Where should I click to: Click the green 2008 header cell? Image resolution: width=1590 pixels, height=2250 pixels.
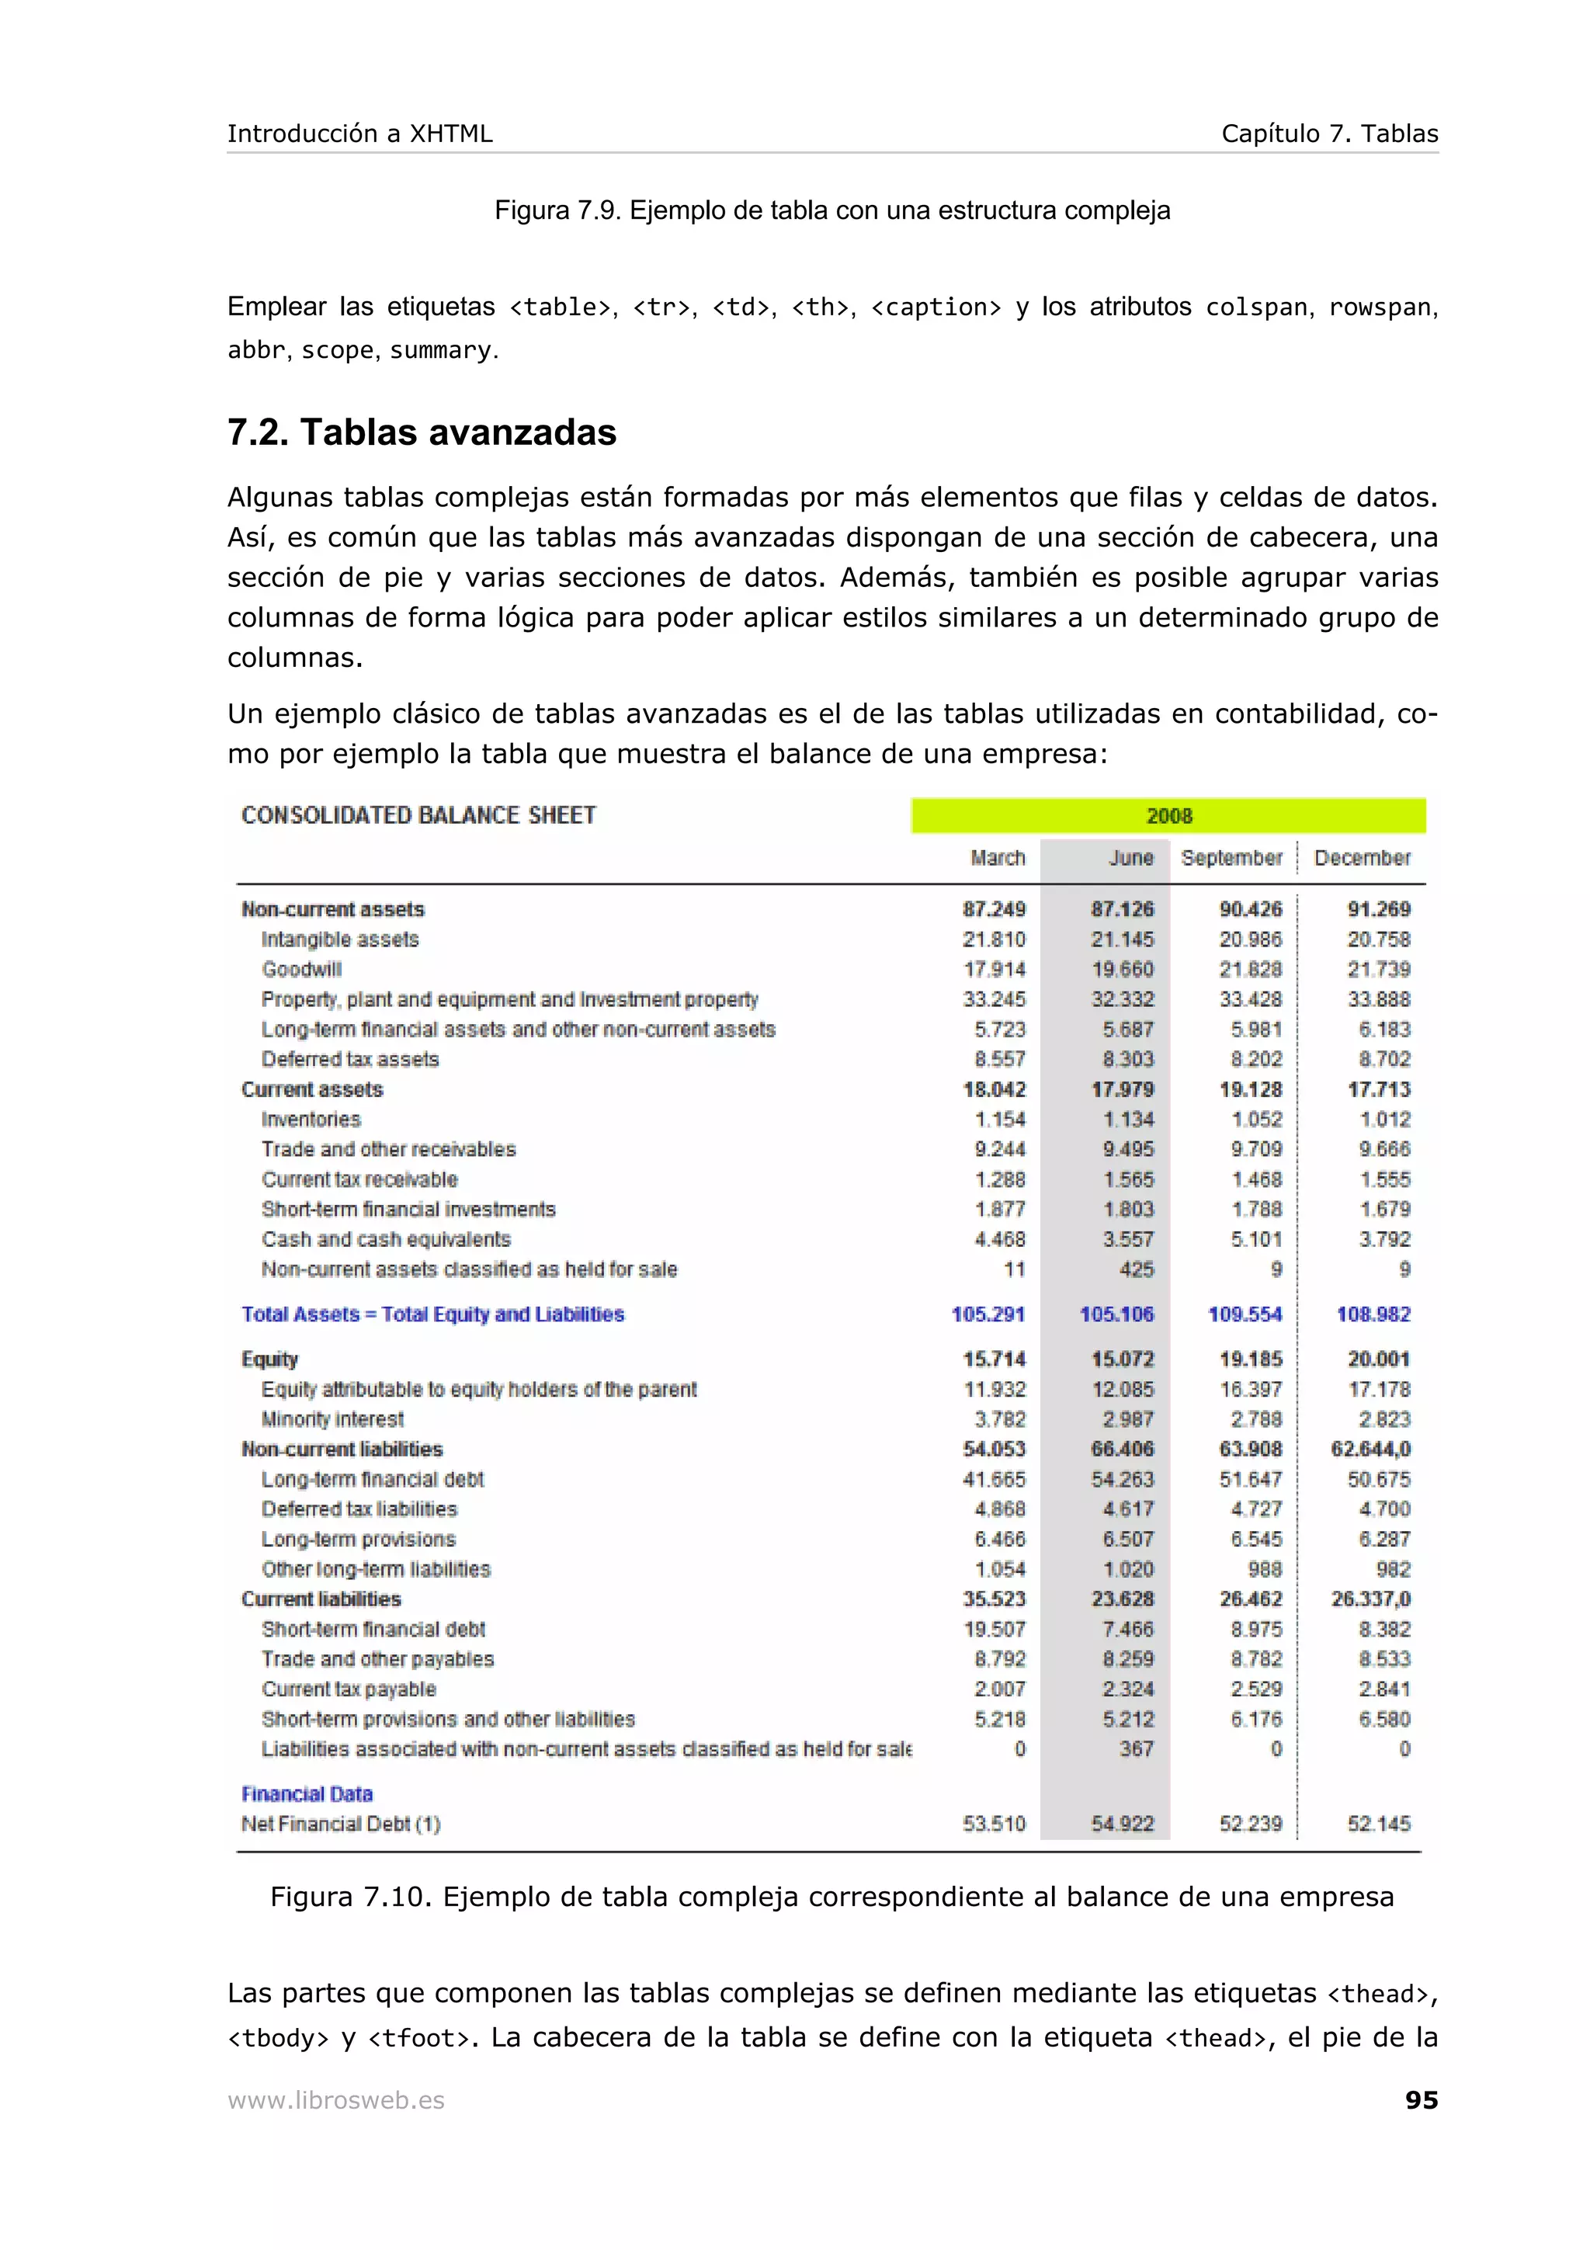pos(1168,815)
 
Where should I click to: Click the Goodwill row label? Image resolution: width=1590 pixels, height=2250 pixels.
pos(302,969)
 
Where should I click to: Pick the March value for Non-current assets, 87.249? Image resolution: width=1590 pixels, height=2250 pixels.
pos(994,909)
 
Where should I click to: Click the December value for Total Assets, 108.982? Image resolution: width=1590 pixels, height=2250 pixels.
pos(1373,1314)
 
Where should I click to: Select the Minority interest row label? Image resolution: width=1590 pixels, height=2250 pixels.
pos(332,1419)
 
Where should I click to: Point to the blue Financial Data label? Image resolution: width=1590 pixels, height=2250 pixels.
pos(307,1793)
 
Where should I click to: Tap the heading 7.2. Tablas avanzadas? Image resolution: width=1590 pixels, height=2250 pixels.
pos(422,432)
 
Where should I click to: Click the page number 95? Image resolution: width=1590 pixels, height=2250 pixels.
pos(1421,2099)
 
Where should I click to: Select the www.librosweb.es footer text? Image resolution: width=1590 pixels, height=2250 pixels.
pos(336,2100)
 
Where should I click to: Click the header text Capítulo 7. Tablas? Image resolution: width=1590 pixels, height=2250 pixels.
pos(1328,134)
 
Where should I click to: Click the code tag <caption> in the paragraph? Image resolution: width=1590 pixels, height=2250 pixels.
pos(936,307)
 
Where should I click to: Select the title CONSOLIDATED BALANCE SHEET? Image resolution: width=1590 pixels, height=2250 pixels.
pos(418,815)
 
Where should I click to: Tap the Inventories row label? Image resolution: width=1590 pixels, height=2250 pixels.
pos(311,1119)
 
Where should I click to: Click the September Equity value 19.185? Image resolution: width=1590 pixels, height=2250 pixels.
pos(1250,1359)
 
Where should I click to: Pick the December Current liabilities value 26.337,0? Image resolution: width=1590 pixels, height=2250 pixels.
pos(1370,1599)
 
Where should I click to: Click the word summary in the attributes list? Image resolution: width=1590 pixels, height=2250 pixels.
pos(440,351)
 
